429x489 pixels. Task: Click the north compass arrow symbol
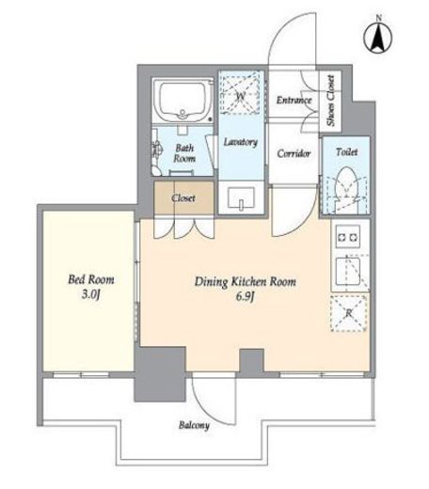pos(378,37)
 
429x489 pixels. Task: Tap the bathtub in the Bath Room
pos(183,100)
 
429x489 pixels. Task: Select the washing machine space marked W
pos(240,92)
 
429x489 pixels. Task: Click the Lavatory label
pos(241,142)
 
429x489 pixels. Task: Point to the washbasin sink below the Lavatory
pos(241,198)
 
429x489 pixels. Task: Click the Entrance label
pos(294,100)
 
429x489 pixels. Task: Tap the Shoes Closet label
pos(330,101)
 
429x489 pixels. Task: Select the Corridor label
pos(294,153)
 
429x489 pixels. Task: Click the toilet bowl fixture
pos(346,185)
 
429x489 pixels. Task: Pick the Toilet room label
pos(346,152)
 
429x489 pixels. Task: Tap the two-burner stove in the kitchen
pos(348,237)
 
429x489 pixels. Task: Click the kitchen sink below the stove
pos(348,271)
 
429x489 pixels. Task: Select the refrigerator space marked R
pos(349,313)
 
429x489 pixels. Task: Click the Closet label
pos(183,198)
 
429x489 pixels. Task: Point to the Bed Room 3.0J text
pos(91,287)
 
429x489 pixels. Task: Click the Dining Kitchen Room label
pos(246,282)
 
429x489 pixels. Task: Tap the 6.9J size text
pos(245,296)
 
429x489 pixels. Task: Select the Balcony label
pos(194,425)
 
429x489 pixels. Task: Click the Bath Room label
pos(184,153)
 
